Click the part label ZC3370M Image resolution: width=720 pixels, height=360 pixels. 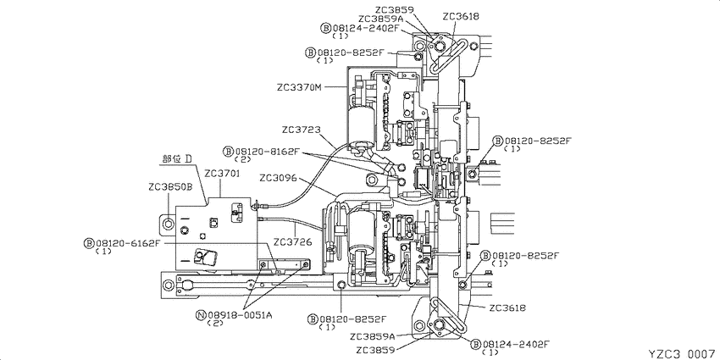tap(299, 86)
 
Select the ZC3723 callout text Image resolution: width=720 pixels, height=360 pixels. tap(302, 130)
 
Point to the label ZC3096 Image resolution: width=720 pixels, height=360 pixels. tap(278, 177)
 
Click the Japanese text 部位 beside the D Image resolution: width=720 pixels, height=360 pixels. tap(172, 159)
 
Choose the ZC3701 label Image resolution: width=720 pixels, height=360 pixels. tap(223, 174)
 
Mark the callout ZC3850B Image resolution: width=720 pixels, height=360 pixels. tap(170, 187)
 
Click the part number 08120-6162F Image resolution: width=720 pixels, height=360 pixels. tap(128, 243)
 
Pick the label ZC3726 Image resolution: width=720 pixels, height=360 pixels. tap(292, 241)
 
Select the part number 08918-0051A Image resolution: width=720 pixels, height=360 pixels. tap(241, 314)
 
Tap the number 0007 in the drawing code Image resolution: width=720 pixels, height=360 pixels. tap(701, 353)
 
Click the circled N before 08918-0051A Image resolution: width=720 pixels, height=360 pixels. tap(201, 314)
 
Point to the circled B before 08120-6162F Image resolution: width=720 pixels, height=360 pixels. tap(89, 243)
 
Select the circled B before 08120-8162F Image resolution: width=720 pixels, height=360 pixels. tap(230, 151)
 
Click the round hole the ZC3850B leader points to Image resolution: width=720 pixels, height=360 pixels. tap(168, 224)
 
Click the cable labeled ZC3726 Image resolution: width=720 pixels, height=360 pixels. tap(294, 223)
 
